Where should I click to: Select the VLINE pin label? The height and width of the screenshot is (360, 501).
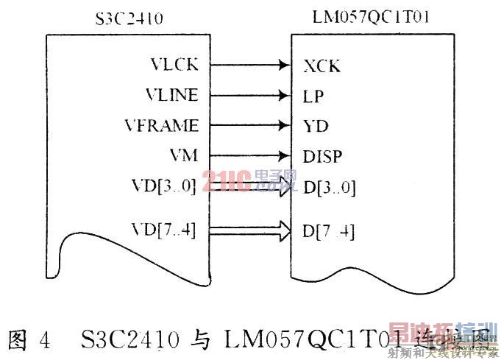[171, 95]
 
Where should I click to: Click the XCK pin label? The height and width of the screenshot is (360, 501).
[321, 66]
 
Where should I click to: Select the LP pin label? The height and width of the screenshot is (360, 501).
[313, 96]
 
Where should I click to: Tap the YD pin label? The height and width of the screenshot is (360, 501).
[315, 126]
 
